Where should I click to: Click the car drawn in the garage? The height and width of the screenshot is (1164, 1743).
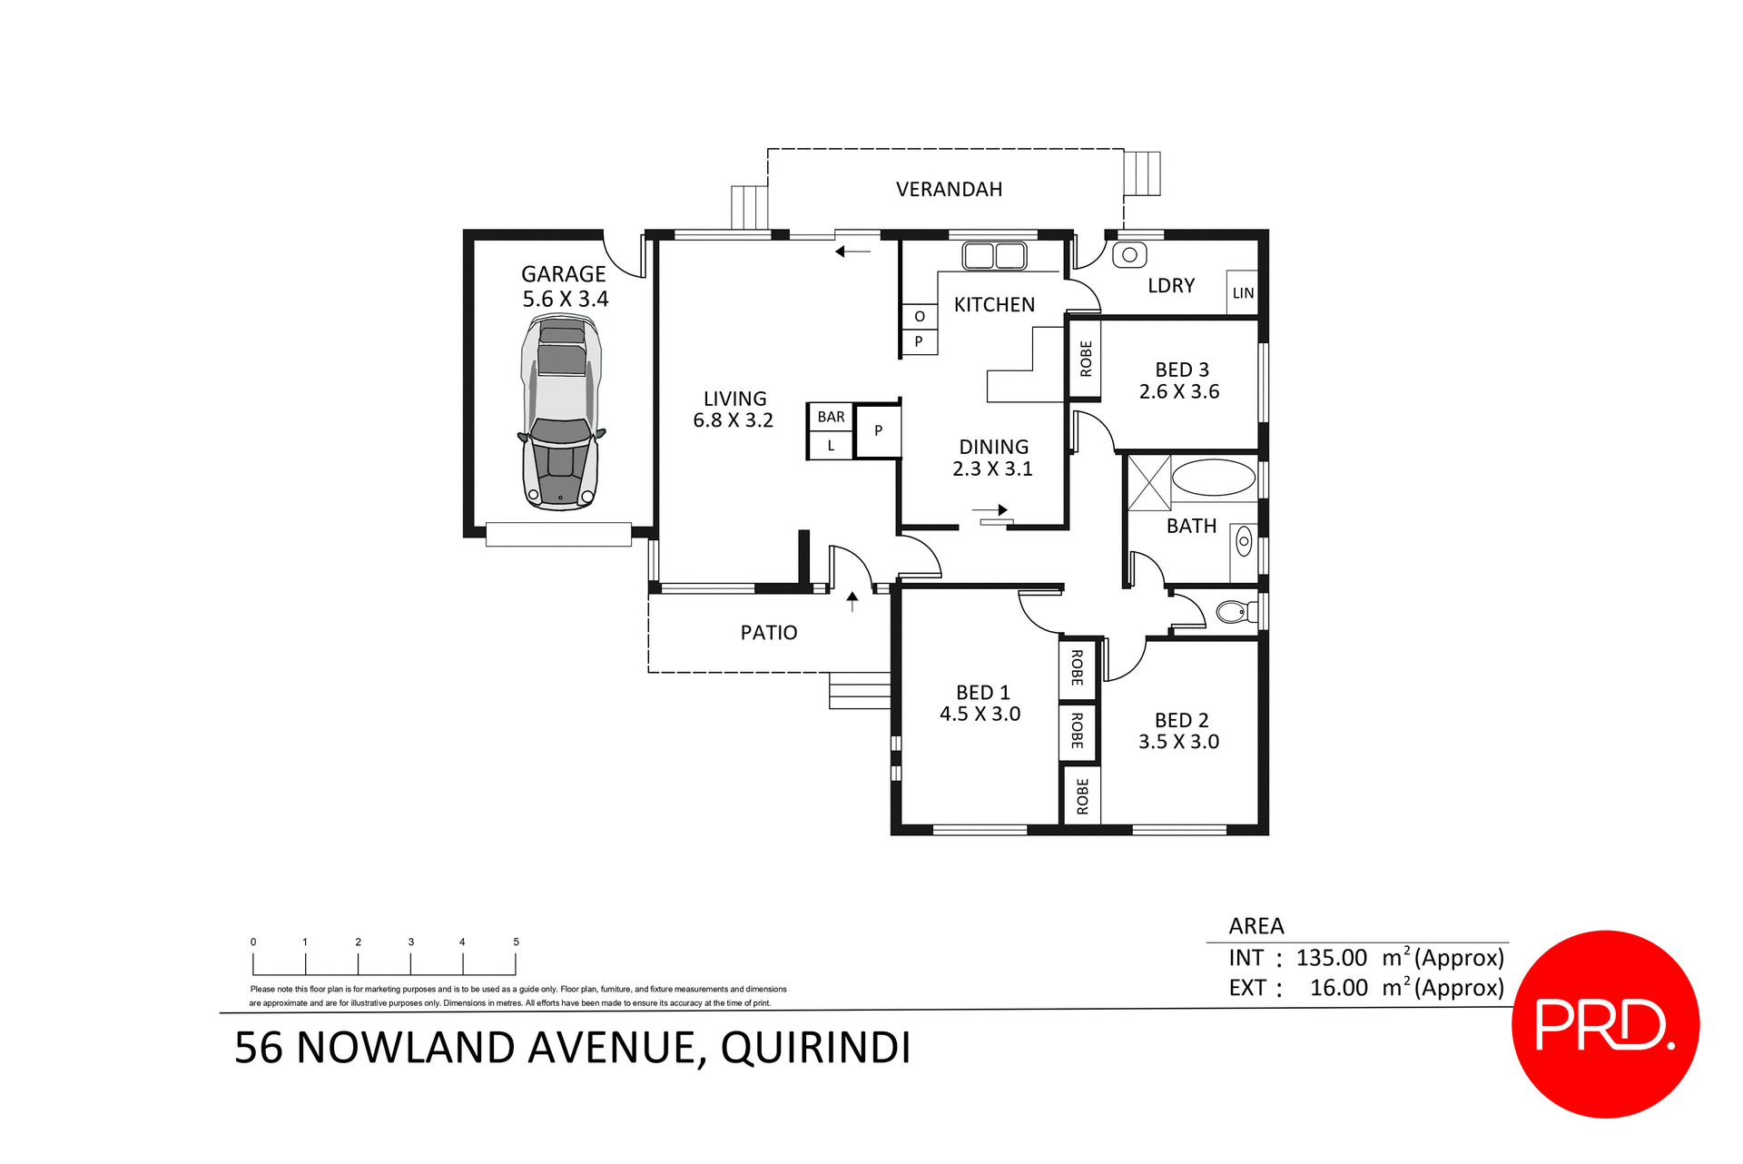pyautogui.click(x=561, y=413)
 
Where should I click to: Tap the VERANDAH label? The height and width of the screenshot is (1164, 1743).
pyautogui.click(x=949, y=190)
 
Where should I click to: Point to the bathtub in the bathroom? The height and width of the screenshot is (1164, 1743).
pyautogui.click(x=1213, y=478)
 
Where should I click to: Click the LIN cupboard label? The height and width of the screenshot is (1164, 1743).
pyautogui.click(x=1243, y=293)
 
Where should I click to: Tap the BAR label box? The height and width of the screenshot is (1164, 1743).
pyautogui.click(x=831, y=417)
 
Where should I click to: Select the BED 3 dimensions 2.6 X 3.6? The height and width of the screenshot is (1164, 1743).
pyautogui.click(x=1179, y=392)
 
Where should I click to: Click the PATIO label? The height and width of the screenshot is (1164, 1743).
pyautogui.click(x=768, y=633)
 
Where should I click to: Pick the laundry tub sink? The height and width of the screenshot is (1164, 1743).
pyautogui.click(x=1129, y=255)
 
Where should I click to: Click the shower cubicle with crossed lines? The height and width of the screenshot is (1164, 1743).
pyautogui.click(x=1148, y=483)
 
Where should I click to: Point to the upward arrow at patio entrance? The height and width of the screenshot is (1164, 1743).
pyautogui.click(x=852, y=601)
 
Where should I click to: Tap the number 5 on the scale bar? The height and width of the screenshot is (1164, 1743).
pyautogui.click(x=516, y=942)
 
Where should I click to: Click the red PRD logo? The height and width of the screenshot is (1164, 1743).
pyautogui.click(x=1604, y=1024)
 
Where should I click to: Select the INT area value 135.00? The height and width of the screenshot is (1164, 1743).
pyautogui.click(x=1331, y=958)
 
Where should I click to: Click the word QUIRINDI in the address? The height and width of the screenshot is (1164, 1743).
pyautogui.click(x=815, y=1048)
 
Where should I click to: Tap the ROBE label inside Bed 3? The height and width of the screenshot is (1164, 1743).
pyautogui.click(x=1086, y=359)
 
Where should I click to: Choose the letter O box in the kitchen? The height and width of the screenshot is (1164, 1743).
pyautogui.click(x=919, y=317)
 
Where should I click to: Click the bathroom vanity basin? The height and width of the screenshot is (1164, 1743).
pyautogui.click(x=1244, y=543)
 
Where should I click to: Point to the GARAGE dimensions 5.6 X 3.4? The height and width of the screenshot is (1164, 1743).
pyautogui.click(x=565, y=300)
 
